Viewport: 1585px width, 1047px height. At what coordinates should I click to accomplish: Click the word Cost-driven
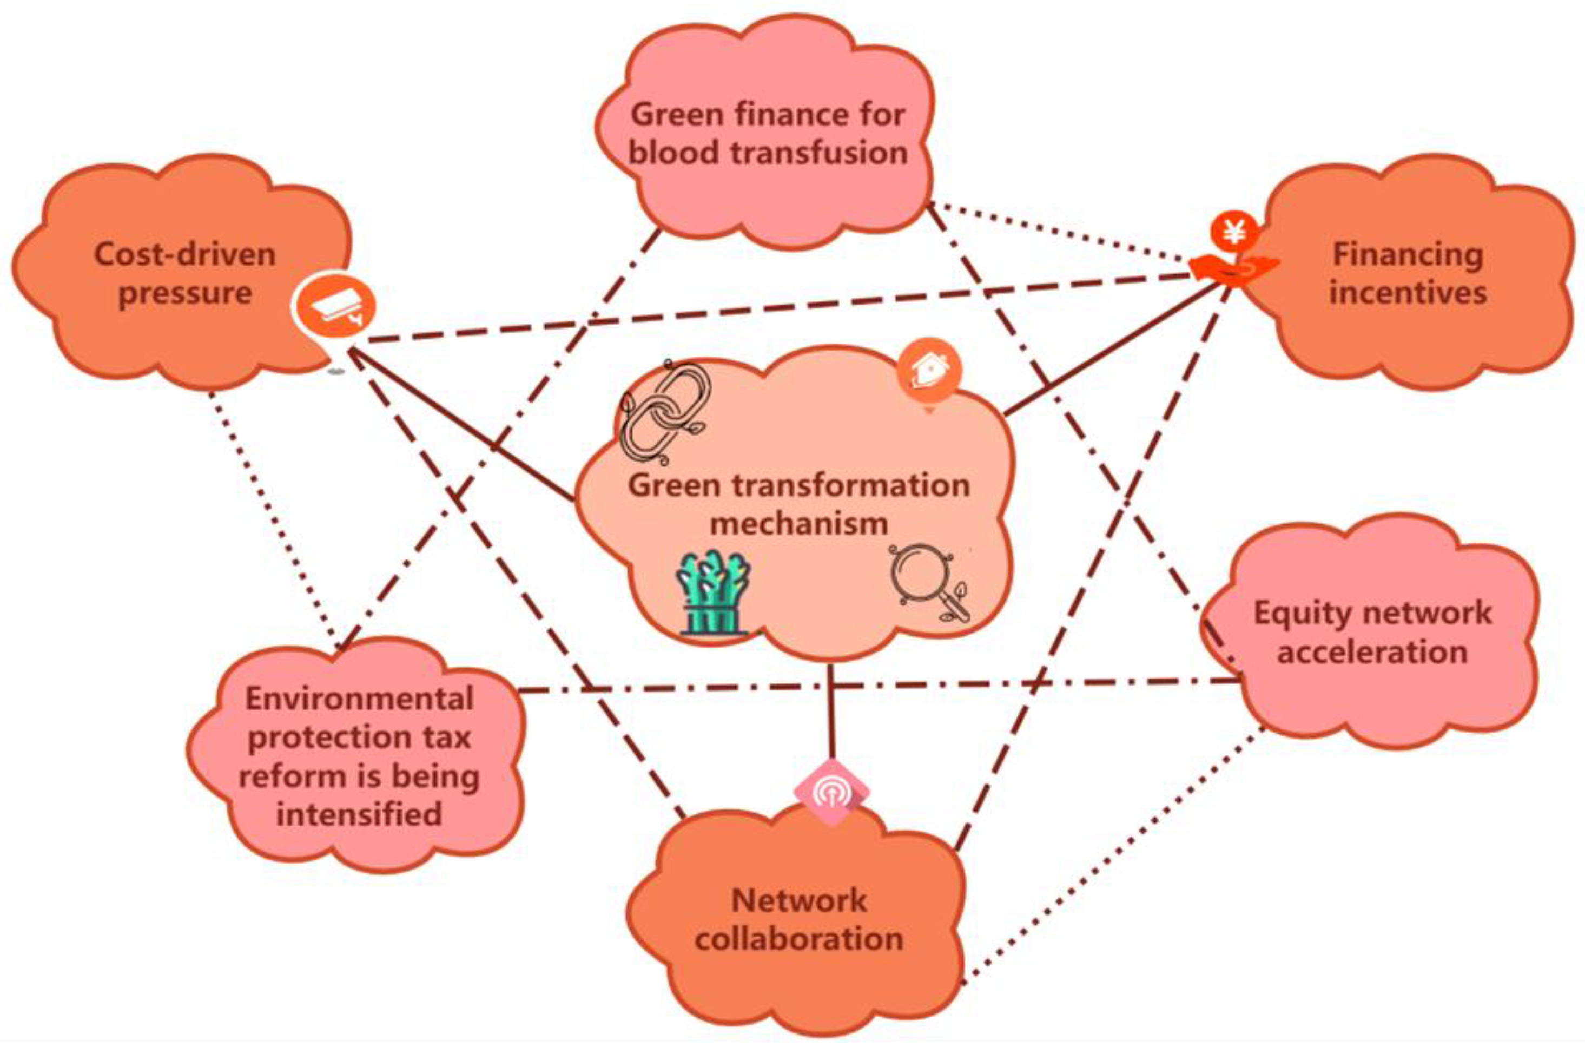185,254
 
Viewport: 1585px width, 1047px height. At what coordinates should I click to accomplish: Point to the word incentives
1408,293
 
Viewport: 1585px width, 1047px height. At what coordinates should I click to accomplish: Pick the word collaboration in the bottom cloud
799,939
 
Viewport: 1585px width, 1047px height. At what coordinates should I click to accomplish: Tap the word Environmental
360,699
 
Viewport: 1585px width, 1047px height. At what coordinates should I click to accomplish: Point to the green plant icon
714,591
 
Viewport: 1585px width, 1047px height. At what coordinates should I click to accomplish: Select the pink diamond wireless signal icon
831,793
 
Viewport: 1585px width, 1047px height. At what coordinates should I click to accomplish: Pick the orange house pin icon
929,371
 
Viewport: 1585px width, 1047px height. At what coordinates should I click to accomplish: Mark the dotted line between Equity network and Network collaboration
1114,855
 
